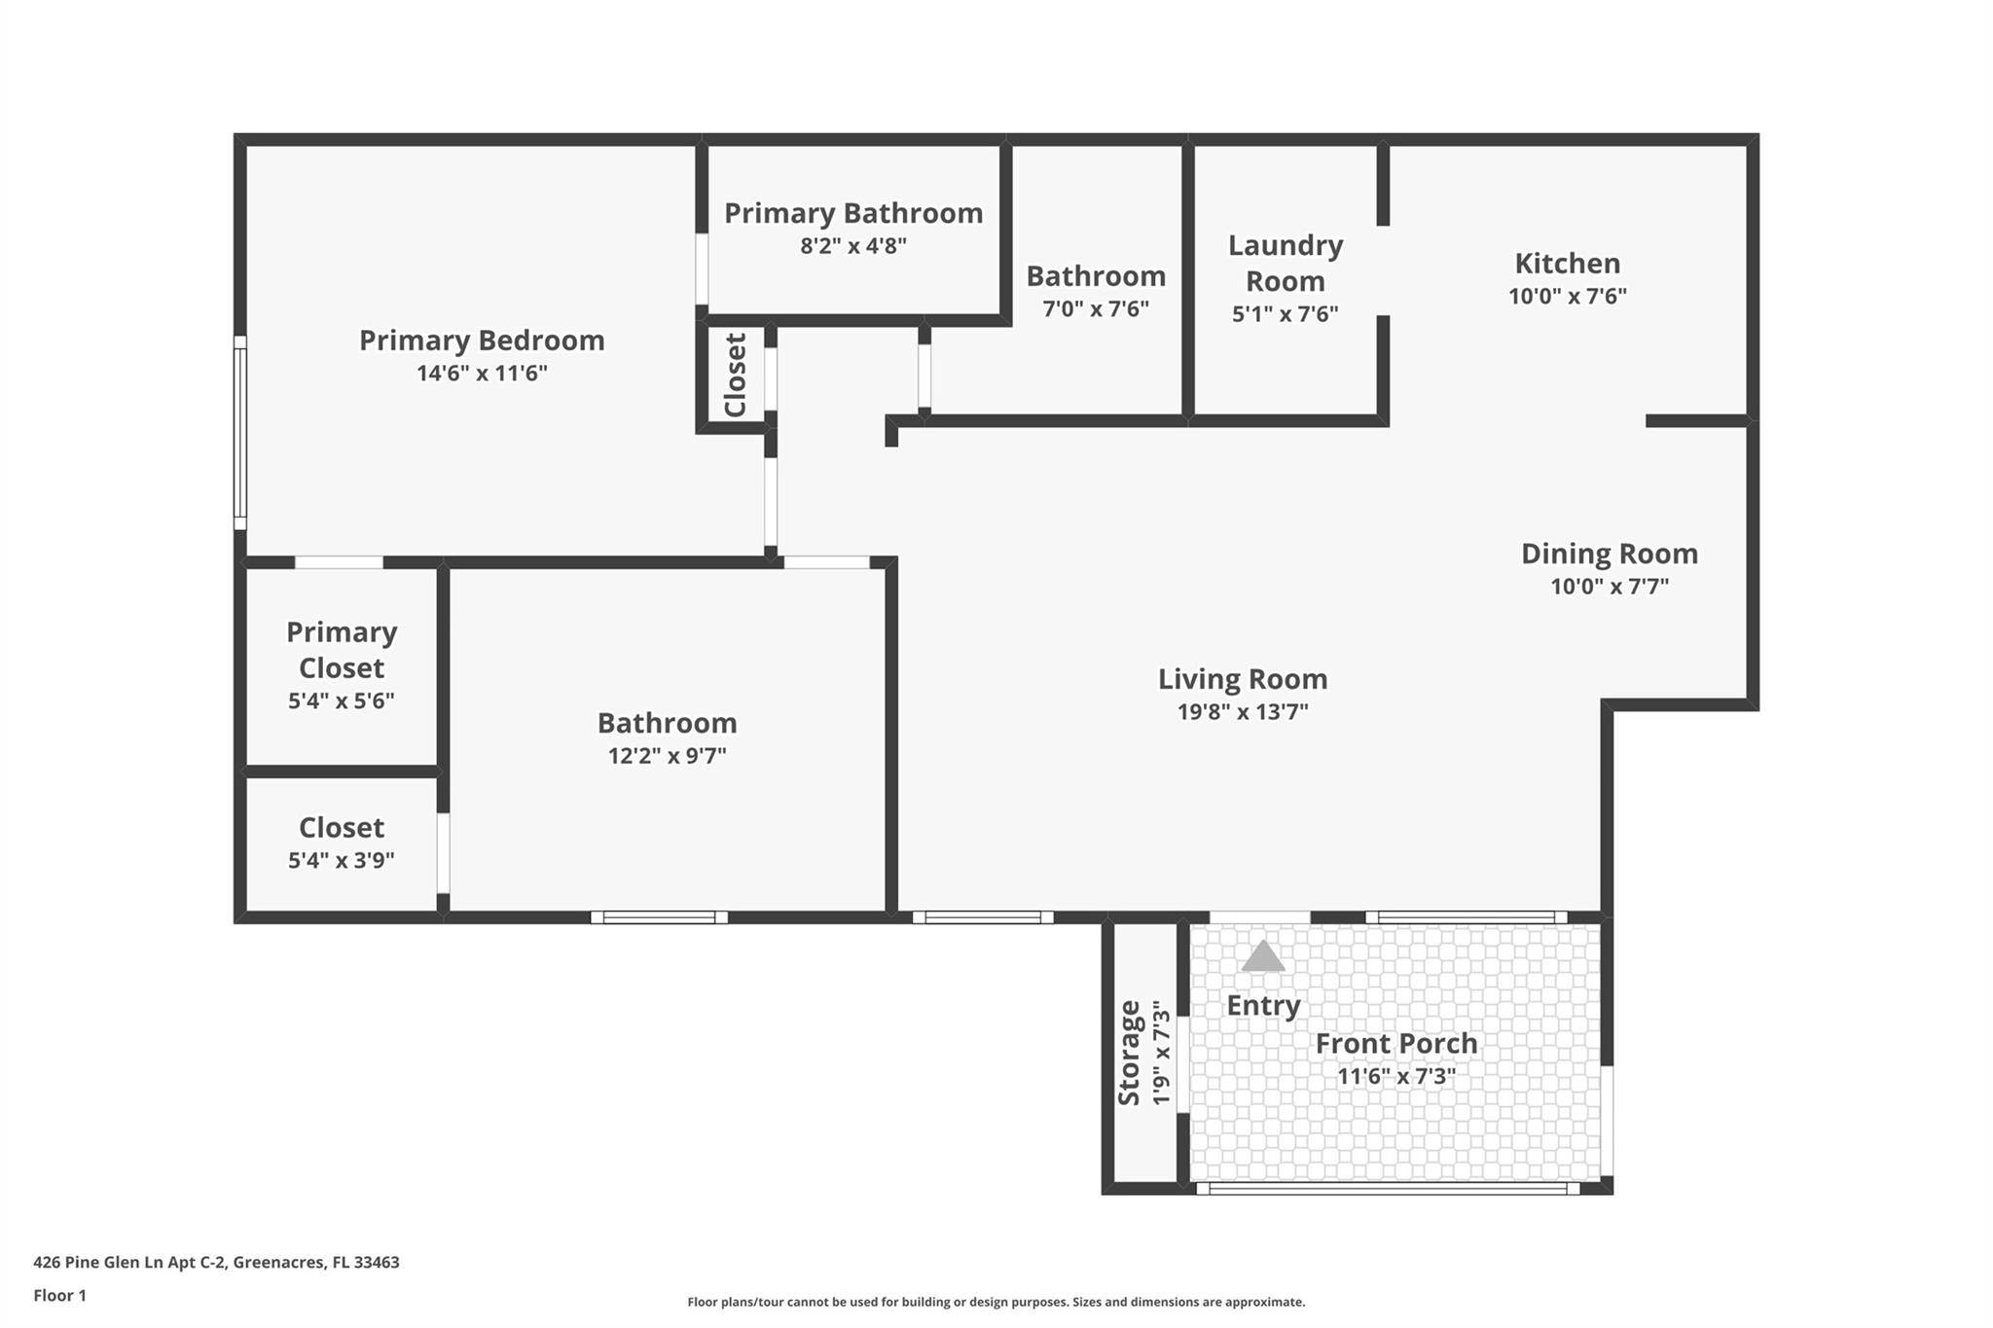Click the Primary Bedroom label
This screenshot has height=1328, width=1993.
point(482,341)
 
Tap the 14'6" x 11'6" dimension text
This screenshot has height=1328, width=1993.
point(482,374)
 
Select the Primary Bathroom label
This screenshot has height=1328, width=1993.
point(853,213)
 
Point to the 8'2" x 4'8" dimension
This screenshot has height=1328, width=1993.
point(853,246)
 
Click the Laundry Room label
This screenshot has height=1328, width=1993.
point(1285,263)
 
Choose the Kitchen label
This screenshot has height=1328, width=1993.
point(1567,264)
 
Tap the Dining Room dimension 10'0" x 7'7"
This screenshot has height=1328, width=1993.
point(1609,587)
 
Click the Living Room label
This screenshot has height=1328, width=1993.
point(1242,679)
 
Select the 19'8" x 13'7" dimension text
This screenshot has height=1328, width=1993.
point(1242,712)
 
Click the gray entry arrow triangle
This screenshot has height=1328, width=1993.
point(1262,957)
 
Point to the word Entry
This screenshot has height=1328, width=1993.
point(1262,1005)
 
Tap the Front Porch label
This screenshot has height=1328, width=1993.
point(1395,1044)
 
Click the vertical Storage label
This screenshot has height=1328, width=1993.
point(1129,1053)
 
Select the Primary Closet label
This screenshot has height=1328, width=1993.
point(341,650)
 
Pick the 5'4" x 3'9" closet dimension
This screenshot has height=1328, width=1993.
point(341,860)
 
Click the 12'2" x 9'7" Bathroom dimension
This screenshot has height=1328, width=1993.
point(667,756)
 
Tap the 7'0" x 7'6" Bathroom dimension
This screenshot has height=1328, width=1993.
point(1095,309)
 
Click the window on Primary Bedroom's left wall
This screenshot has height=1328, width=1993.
point(239,433)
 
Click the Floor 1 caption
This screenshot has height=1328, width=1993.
point(59,1296)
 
